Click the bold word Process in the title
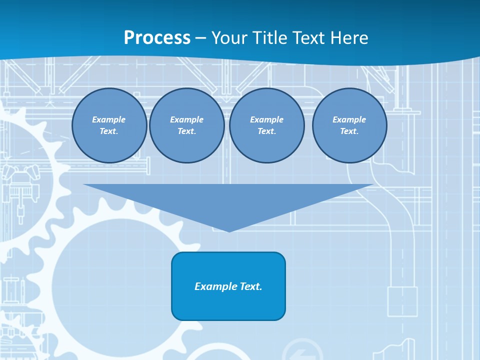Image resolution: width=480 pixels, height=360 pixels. click(157, 38)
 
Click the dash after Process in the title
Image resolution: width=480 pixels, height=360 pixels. click(201, 38)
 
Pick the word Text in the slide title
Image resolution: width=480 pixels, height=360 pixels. click(309, 38)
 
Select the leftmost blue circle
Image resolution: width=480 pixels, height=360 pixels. click(109, 125)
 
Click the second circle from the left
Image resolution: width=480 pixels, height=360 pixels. click(186, 125)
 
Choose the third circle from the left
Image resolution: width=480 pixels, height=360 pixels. click(266, 125)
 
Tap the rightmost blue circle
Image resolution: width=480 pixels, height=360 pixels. click(349, 125)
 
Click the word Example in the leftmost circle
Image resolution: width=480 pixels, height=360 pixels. click(109, 119)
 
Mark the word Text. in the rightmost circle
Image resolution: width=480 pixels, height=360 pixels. click(349, 131)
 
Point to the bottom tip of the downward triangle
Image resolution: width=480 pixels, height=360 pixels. click(229, 231)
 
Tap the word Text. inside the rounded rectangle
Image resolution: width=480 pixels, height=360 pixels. click(251, 286)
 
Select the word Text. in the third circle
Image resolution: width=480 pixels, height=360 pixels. click(266, 131)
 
